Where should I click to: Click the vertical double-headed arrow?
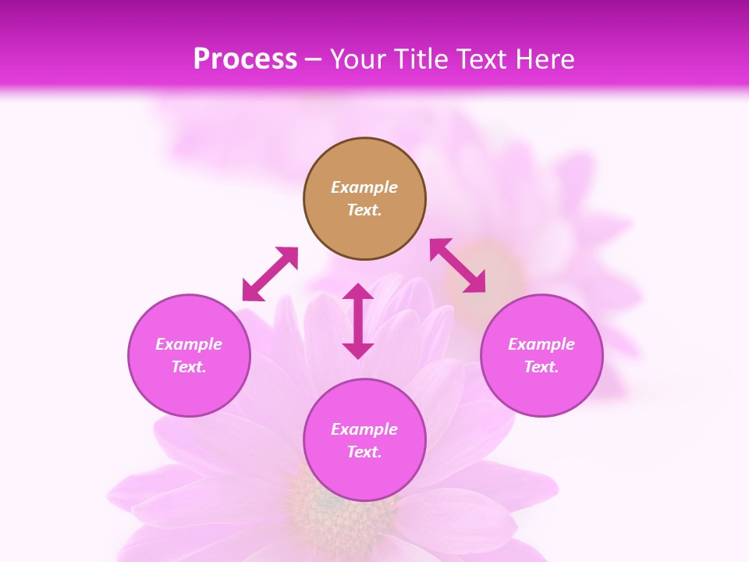(x=358, y=322)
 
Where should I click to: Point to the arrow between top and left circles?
(x=270, y=274)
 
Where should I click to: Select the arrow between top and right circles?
(x=458, y=265)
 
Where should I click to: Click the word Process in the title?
(x=245, y=59)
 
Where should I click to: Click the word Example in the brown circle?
(x=364, y=187)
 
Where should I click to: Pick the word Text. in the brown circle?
(x=364, y=210)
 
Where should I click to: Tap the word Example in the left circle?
(x=189, y=344)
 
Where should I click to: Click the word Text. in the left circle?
(x=189, y=367)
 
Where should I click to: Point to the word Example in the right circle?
(x=541, y=344)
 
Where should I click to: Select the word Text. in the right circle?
(x=541, y=367)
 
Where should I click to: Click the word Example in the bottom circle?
(x=364, y=429)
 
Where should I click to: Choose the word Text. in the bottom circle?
(x=364, y=452)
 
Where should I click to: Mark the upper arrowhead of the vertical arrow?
(x=358, y=292)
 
